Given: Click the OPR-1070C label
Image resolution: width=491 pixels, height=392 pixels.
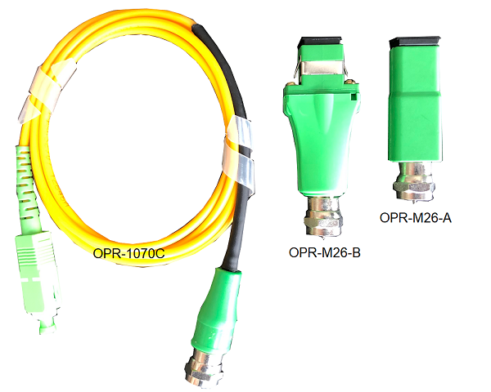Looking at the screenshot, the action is (128, 253).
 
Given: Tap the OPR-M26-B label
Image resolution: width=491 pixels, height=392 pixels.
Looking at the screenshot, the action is (325, 252).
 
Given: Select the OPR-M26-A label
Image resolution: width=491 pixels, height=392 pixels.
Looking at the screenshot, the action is (416, 217).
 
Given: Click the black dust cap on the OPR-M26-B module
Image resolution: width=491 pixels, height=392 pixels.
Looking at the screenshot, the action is (320, 42).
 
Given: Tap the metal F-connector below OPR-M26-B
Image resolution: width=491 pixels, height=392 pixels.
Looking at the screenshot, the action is (322, 216).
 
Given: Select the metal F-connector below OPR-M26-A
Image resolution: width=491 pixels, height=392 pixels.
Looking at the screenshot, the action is (414, 181).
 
